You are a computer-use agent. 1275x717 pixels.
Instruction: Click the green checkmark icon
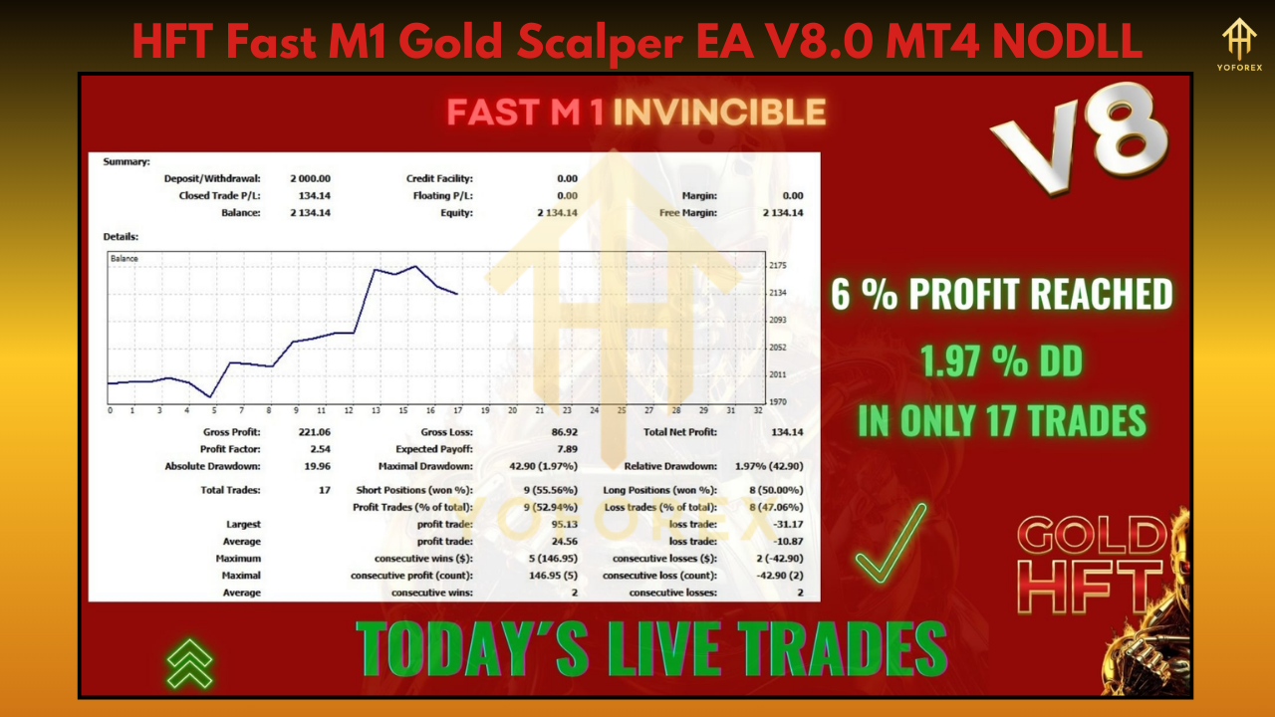tap(891, 544)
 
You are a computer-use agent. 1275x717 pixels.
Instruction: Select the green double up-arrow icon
tap(189, 663)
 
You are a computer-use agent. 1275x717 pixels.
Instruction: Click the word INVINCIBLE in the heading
tap(719, 113)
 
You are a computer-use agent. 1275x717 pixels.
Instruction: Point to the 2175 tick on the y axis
tap(779, 265)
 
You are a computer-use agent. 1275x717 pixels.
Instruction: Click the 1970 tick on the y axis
tap(779, 401)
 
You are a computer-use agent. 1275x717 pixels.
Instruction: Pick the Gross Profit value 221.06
tap(316, 432)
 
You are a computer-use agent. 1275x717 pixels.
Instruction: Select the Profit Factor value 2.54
tap(321, 449)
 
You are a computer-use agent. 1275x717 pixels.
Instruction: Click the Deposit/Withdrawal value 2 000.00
tap(311, 178)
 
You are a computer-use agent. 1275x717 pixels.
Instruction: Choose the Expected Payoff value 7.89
tap(567, 449)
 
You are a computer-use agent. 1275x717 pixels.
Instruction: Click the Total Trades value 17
tap(325, 490)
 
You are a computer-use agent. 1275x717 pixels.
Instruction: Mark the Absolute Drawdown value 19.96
tap(318, 466)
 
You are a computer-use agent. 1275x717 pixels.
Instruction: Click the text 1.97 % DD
tap(1001, 362)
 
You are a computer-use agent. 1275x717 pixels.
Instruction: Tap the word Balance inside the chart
tap(125, 259)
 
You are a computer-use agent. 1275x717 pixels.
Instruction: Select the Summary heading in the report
tap(127, 161)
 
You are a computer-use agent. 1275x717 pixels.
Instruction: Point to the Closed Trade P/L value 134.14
tap(315, 195)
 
